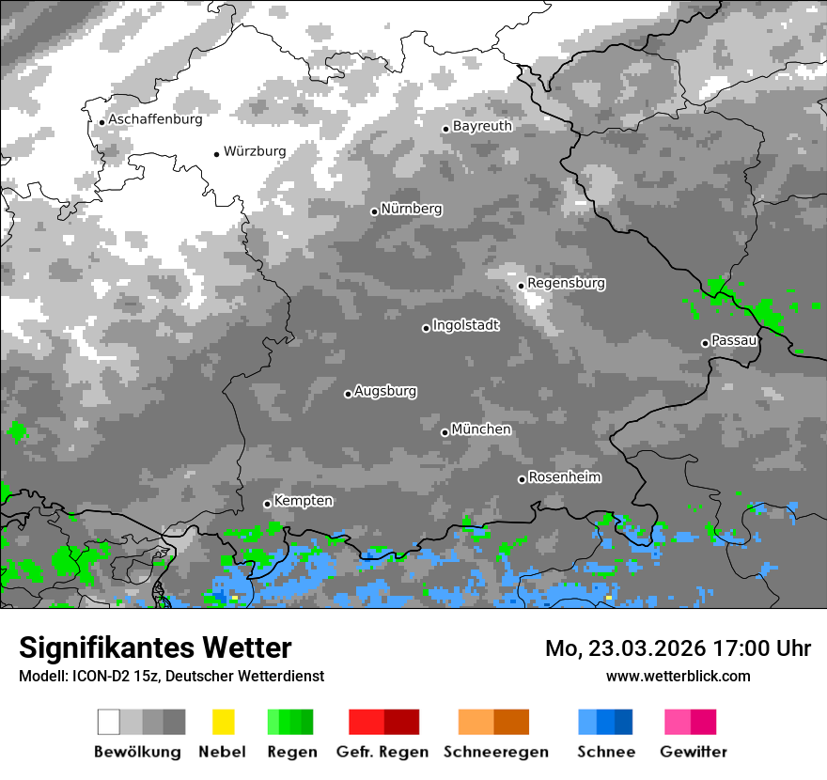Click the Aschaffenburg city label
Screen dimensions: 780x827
click(155, 119)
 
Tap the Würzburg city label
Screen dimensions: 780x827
click(255, 151)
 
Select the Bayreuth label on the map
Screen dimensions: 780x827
click(482, 126)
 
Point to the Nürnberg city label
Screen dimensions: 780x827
click(411, 209)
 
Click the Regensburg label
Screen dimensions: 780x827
click(566, 283)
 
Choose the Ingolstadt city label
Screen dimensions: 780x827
click(465, 325)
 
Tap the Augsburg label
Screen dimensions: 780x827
click(385, 391)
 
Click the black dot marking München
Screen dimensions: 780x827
click(445, 432)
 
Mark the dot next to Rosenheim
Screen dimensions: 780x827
click(522, 479)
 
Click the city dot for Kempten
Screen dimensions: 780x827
click(267, 504)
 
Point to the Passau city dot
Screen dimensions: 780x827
click(705, 343)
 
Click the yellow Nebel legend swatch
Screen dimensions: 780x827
click(223, 722)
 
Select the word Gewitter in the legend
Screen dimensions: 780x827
click(694, 752)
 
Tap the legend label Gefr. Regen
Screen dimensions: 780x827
click(382, 752)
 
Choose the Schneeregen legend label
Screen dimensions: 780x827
click(495, 752)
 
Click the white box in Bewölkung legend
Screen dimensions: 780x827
click(109, 722)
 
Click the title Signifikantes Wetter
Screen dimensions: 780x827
click(155, 647)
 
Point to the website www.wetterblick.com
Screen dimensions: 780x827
click(679, 676)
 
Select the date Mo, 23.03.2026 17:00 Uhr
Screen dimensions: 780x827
click(678, 648)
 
